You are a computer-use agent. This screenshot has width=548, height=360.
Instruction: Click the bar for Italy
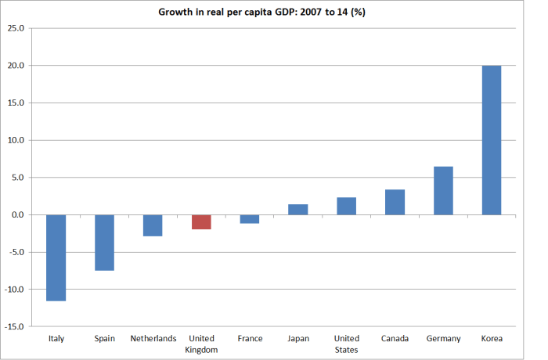tap(56, 257)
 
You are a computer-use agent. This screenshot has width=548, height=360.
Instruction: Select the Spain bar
tap(104, 243)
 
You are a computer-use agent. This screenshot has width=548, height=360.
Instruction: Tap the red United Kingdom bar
tap(201, 222)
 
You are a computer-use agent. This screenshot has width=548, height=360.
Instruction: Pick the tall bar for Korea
tap(491, 140)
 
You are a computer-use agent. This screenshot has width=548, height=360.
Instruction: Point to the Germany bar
tap(443, 191)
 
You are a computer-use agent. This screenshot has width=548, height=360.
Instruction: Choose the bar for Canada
tap(395, 202)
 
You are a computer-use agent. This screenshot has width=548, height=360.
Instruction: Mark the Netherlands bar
tap(153, 225)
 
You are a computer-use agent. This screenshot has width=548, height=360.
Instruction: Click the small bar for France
tap(250, 219)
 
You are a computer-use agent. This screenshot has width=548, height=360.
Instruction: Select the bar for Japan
tap(298, 210)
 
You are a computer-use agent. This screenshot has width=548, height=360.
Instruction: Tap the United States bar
tap(346, 206)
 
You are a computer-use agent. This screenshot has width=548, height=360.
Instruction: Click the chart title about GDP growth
tap(274, 11)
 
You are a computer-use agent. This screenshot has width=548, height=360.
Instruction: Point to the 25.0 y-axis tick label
tap(16, 28)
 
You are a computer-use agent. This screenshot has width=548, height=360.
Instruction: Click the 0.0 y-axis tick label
tap(19, 214)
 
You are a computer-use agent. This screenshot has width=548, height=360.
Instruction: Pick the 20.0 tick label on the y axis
tap(16, 66)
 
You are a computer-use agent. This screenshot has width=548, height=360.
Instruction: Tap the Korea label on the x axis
tap(492, 339)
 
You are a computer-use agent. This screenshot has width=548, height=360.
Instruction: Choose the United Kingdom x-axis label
tap(201, 344)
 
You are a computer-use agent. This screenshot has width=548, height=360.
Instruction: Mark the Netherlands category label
tap(153, 339)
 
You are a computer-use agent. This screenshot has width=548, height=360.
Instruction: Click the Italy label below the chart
tap(56, 339)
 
